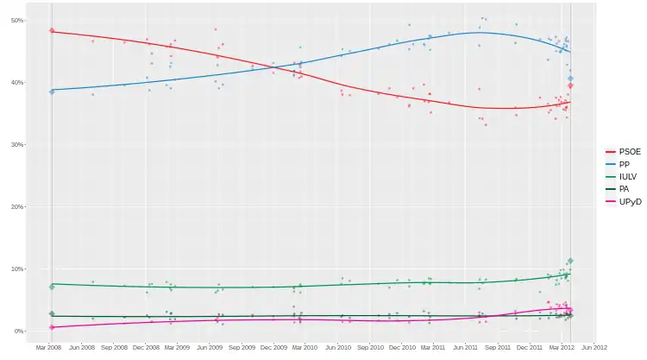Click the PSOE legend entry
(622, 151)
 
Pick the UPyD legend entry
(622, 201)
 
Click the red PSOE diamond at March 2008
(52, 31)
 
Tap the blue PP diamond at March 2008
(52, 91)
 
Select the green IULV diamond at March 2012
(570, 261)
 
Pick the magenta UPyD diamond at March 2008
(52, 327)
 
